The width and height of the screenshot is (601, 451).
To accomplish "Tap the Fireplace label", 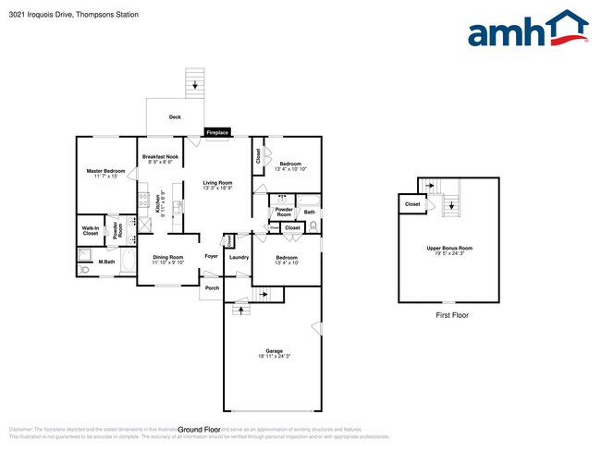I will click(217, 133).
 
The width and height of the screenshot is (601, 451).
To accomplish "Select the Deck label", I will click(175, 117).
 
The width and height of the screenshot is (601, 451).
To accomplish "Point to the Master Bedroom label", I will click(106, 173).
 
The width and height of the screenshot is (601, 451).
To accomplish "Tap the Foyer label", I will click(212, 257).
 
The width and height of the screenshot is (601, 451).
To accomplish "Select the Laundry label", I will click(239, 257).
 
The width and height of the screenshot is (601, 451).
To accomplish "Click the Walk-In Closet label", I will click(91, 231).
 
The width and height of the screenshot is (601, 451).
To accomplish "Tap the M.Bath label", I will click(106, 262).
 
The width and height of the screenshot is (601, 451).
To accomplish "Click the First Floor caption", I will click(452, 315).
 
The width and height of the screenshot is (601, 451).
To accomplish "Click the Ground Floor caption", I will click(199, 430).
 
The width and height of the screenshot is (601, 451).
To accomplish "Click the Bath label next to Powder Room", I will click(310, 213).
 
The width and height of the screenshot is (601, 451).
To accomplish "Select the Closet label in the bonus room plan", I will click(412, 204).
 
